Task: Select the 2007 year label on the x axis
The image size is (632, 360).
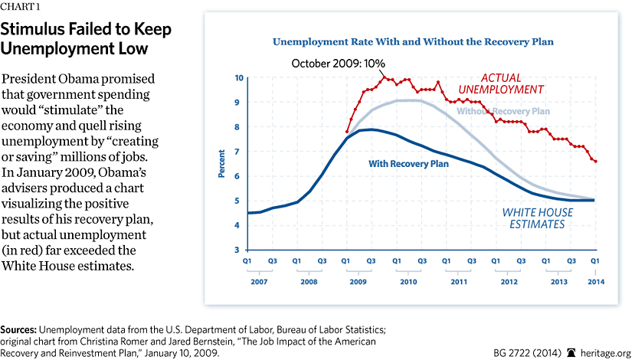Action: click(260, 281)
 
